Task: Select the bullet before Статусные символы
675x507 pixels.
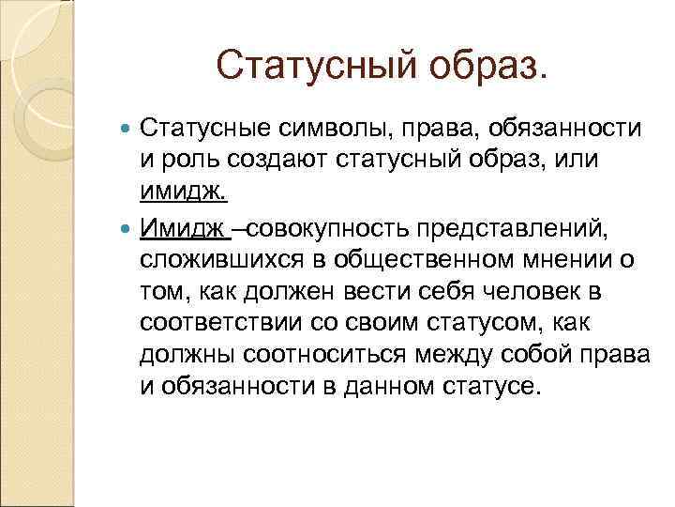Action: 127,128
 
